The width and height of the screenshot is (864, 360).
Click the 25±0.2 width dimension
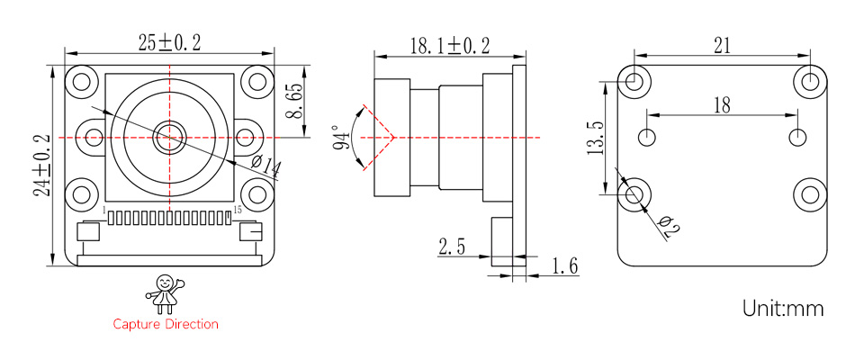click(169, 42)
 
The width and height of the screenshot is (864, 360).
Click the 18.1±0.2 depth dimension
click(450, 45)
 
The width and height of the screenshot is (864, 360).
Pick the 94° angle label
click(341, 138)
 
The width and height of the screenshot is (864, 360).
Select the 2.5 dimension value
click(452, 247)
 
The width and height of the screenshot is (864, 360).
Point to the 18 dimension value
click(722, 106)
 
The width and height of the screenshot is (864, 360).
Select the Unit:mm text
click(783, 309)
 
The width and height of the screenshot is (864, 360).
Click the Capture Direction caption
click(166, 324)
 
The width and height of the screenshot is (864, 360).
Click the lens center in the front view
click(166, 137)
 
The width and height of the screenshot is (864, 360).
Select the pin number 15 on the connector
click(237, 210)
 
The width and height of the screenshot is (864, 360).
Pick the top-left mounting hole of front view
click(83, 81)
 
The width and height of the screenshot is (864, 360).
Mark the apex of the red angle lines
click(394, 138)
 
